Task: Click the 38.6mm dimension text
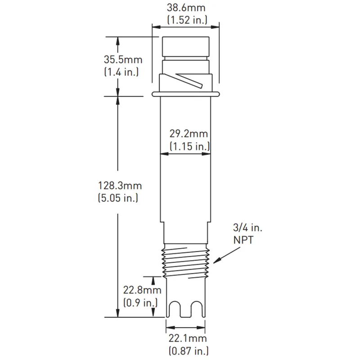tap(186, 8)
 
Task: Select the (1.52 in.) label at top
tap(186, 19)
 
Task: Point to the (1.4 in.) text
tap(121, 71)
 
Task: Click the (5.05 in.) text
tap(118, 197)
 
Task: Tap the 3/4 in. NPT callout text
tap(246, 234)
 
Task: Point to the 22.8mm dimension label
tap(142, 291)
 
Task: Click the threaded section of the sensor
tap(186, 264)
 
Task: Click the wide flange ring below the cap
tap(186, 94)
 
